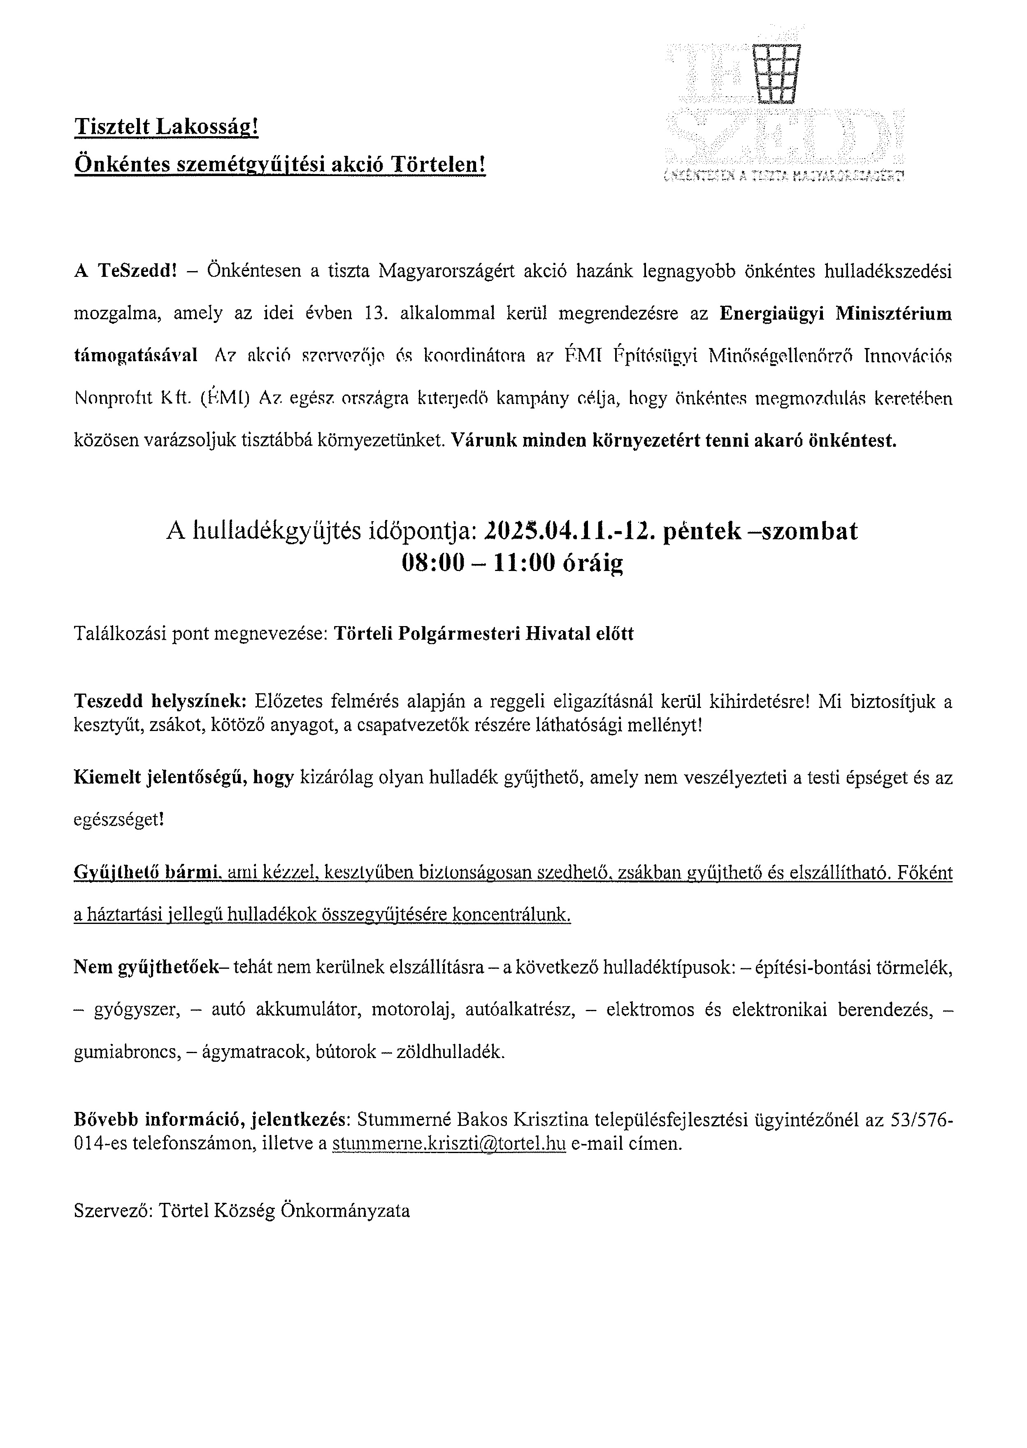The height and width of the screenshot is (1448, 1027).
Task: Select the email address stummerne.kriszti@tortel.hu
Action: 448,1143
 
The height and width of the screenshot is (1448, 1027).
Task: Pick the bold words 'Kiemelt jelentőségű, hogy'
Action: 184,778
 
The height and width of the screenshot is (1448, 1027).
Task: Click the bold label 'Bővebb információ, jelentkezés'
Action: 210,1120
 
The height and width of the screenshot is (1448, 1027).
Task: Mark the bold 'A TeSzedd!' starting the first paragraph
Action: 124,271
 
